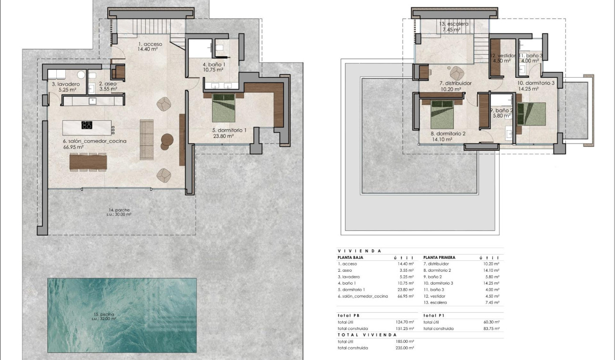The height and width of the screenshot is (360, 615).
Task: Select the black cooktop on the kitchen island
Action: pyautogui.click(x=87, y=125)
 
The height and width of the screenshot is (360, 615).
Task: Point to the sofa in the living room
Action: pyautogui.click(x=146, y=139)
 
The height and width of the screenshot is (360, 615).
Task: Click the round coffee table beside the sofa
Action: pyautogui.click(x=167, y=139)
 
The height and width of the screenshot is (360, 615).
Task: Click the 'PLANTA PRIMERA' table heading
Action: pyautogui.click(x=439, y=257)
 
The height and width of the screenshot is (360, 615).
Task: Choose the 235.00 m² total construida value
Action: pyautogui.click(x=405, y=348)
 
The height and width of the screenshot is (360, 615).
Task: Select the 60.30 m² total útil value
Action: pyautogui.click(x=491, y=322)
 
